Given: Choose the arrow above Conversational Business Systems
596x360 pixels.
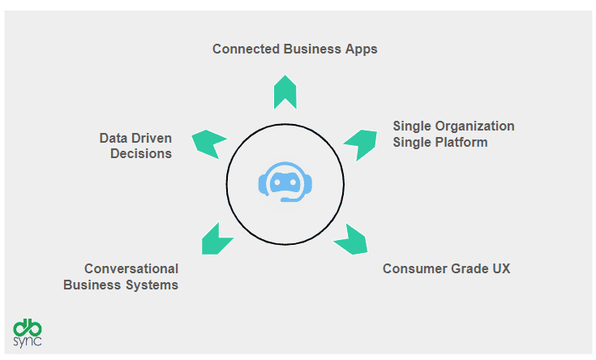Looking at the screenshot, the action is point(215,240).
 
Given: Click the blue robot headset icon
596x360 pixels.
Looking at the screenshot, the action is point(285,182).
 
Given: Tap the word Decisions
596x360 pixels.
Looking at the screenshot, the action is point(141,153).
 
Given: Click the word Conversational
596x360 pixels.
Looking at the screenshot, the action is point(131,268).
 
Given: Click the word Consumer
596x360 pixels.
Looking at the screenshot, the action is point(414,268).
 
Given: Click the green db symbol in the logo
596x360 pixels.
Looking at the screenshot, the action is point(28,328).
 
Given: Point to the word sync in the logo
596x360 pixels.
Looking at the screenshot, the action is point(28,341).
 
